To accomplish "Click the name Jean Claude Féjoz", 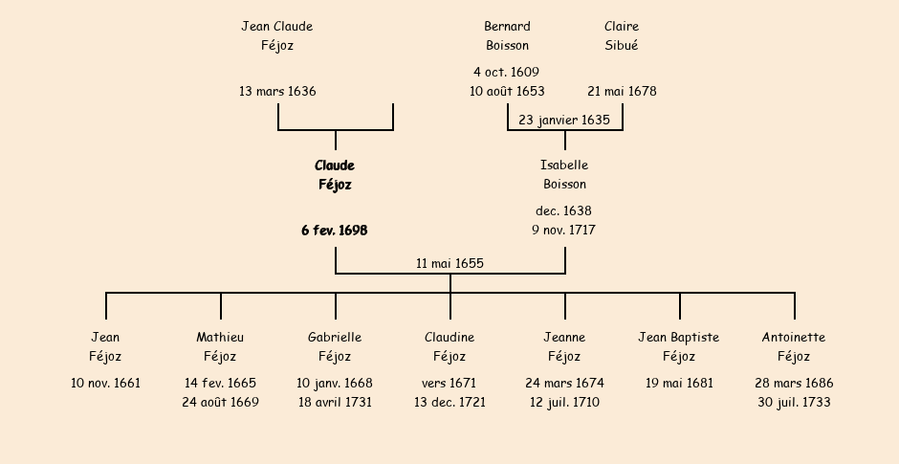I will pyautogui.click(x=277, y=35).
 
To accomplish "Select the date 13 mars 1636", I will pyautogui.click(x=277, y=92).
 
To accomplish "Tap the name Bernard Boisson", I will pyautogui.click(x=507, y=35).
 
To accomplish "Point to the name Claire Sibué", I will pyautogui.click(x=622, y=35).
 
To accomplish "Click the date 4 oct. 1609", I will pyautogui.click(x=506, y=72).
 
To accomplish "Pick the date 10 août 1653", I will pyautogui.click(x=507, y=92).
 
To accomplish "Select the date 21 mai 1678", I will pyautogui.click(x=622, y=92).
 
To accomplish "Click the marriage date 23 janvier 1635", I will pyautogui.click(x=564, y=121).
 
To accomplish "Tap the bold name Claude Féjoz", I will pyautogui.click(x=335, y=175).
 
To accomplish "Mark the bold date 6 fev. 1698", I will pyautogui.click(x=335, y=231).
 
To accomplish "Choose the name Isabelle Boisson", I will pyautogui.click(x=564, y=175).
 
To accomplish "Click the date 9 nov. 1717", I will pyautogui.click(x=564, y=231).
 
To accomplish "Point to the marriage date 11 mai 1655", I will pyautogui.click(x=449, y=264).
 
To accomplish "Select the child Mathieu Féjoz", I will pyautogui.click(x=220, y=347).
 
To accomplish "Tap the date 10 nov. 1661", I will pyautogui.click(x=105, y=384).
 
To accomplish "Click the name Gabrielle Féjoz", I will pyautogui.click(x=335, y=347).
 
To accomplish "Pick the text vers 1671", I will pyautogui.click(x=449, y=384).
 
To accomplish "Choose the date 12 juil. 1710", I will pyautogui.click(x=564, y=403).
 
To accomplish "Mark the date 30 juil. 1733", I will pyautogui.click(x=794, y=403).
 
